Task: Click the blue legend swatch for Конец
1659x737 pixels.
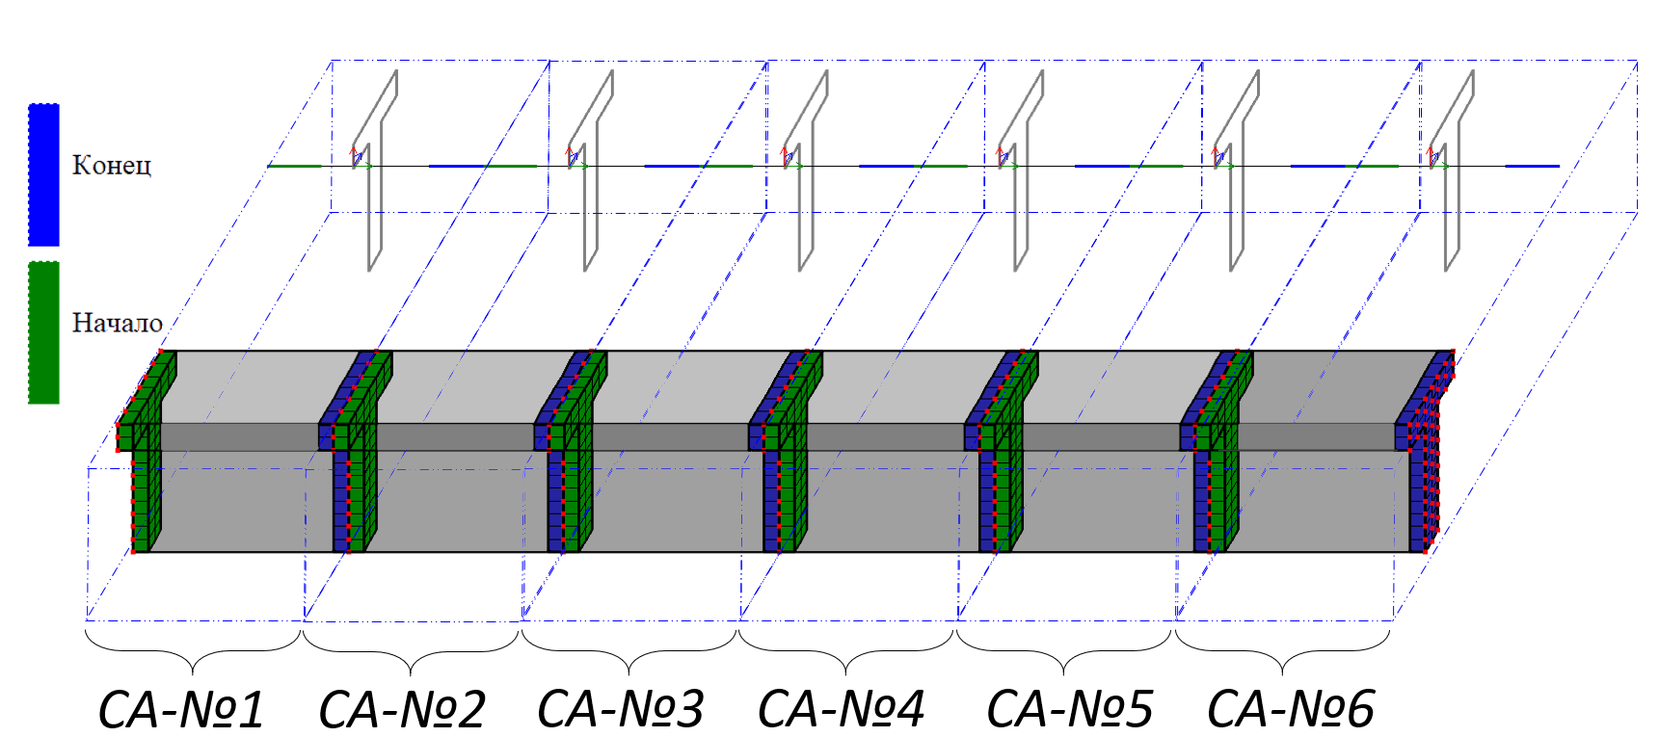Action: click(43, 174)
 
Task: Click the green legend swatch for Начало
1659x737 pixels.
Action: click(43, 332)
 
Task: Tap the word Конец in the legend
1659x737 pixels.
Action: click(112, 166)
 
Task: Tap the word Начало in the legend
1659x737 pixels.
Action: click(117, 323)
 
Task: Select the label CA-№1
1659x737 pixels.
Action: click(181, 710)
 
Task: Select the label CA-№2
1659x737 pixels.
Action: click(402, 710)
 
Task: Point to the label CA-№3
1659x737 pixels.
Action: click(621, 710)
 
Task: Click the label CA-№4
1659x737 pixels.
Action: click(841, 710)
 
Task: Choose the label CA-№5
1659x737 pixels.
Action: click(1069, 710)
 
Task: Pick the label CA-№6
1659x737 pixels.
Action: click(1290, 710)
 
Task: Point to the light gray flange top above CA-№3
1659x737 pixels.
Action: click(675, 385)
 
